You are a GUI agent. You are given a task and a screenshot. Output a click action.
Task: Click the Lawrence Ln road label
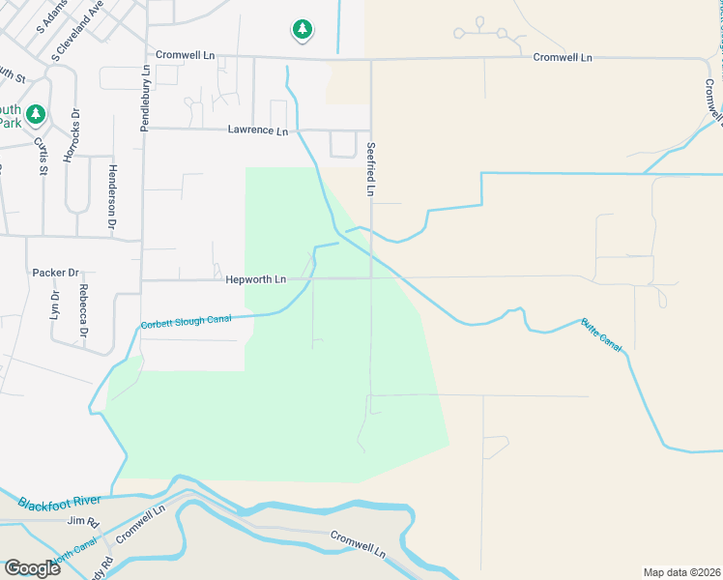258,130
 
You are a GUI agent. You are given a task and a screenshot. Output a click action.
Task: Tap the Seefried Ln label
370,172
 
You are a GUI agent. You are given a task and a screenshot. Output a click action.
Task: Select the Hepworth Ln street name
256,279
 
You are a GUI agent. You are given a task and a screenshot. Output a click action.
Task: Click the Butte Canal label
600,334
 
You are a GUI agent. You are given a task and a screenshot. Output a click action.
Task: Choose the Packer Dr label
55,273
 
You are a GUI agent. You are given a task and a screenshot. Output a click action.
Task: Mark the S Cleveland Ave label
77,33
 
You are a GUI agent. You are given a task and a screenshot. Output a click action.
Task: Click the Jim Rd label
83,521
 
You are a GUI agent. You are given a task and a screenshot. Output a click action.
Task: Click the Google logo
32,567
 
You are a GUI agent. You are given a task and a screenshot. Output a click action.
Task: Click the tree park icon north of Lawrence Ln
303,30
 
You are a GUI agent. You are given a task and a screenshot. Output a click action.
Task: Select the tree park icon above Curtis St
37,115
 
